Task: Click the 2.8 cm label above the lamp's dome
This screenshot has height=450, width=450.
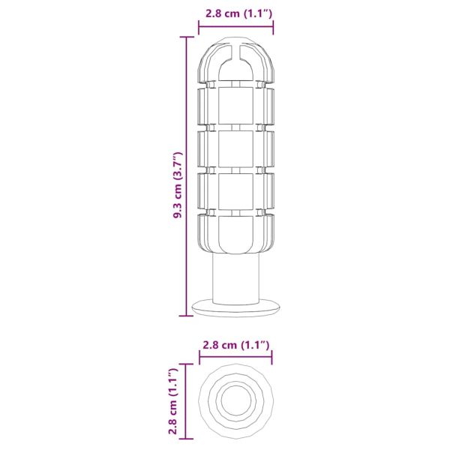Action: (x=235, y=12)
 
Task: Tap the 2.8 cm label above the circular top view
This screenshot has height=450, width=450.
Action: (x=235, y=345)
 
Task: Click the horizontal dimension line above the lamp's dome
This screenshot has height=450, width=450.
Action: (x=235, y=28)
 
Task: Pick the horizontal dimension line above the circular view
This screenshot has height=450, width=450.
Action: (x=235, y=360)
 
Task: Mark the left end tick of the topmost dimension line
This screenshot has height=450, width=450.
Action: (x=199, y=28)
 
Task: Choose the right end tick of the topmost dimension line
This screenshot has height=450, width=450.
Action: (x=273, y=28)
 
